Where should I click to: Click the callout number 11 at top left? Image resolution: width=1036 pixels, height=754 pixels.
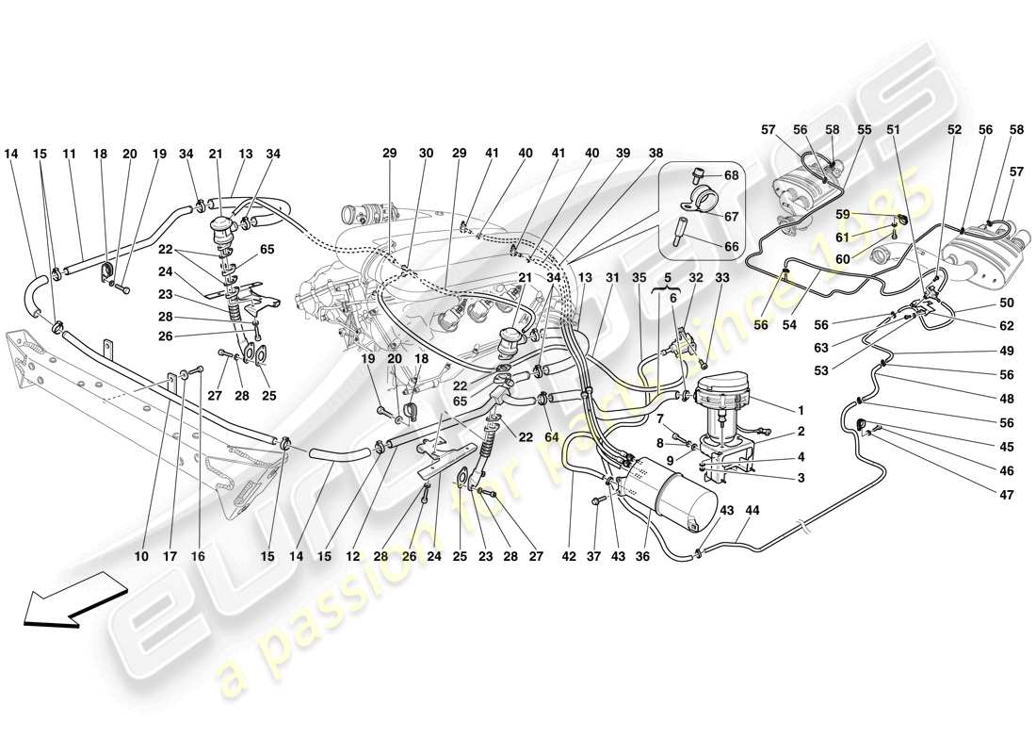[69, 153]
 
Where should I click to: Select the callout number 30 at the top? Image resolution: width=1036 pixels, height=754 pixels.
[426, 153]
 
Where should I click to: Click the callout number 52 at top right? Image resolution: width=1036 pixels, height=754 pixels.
[953, 131]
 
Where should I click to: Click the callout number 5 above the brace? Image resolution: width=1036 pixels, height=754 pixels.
[669, 278]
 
